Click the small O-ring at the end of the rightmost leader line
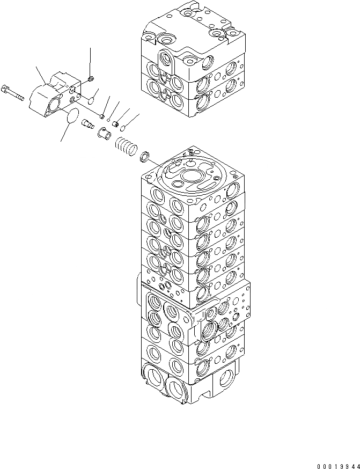click(x=123, y=128)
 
